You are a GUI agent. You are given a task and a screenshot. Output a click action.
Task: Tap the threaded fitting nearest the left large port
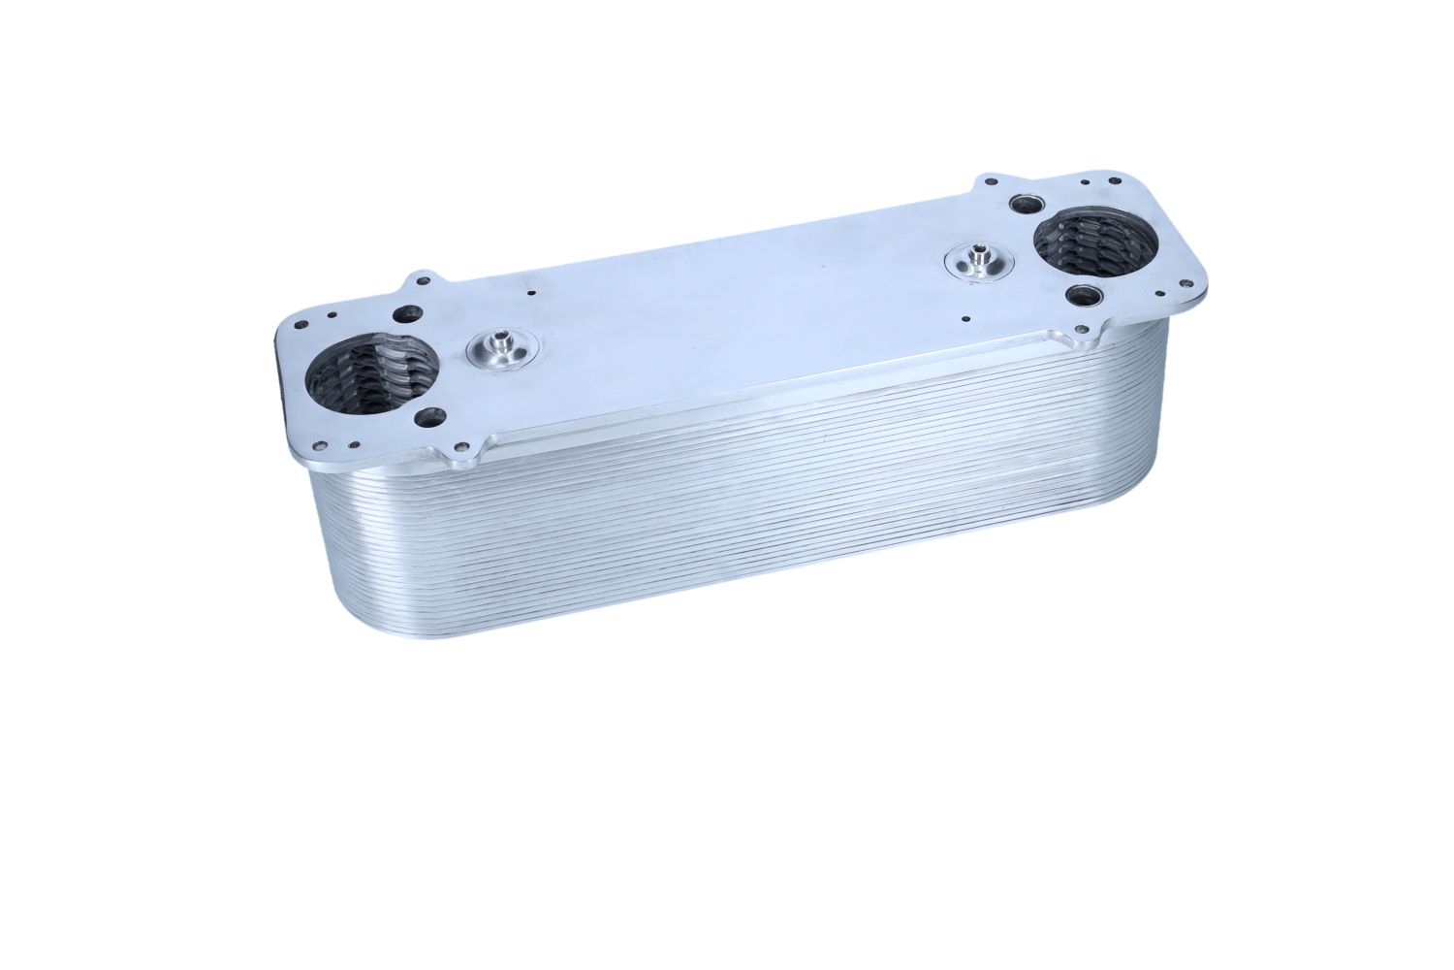pyautogui.click(x=502, y=346)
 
